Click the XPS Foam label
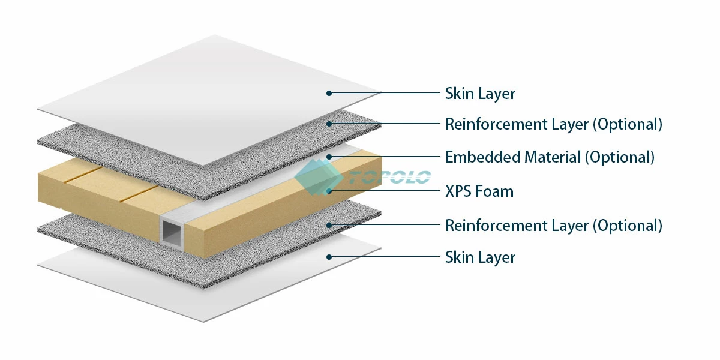click(x=479, y=191)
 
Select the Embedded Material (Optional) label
click(x=550, y=157)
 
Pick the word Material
click(x=553, y=157)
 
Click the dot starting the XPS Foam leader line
click(x=329, y=191)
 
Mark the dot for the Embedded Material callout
click(x=329, y=157)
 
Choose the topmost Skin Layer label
click(x=480, y=94)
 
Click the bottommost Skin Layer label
click(x=480, y=257)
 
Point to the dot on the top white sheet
click(x=329, y=93)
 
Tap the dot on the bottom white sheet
click(x=329, y=257)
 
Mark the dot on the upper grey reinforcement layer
click(x=329, y=124)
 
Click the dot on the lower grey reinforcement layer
click(x=329, y=226)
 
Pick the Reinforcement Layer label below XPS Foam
click(x=553, y=226)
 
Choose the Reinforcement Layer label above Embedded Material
click(x=553, y=124)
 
